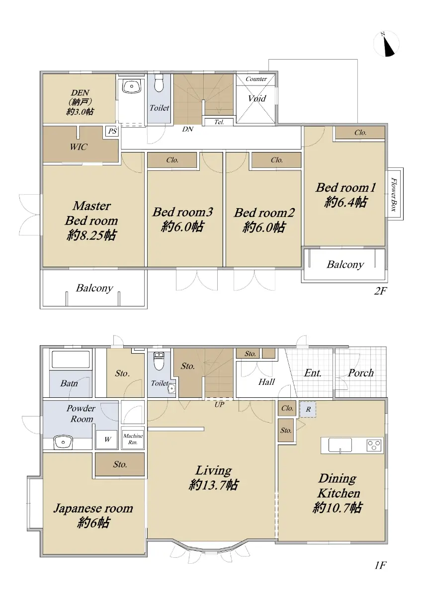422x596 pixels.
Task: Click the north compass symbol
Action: tap(386, 44)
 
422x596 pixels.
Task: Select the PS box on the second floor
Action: tap(112, 131)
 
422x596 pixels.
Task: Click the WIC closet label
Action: tap(79, 147)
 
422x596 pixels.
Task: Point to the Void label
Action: tap(257, 98)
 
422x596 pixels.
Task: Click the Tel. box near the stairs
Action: tap(219, 122)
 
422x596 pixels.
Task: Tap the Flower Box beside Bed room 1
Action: tap(395, 194)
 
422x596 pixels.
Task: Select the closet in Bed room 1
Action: tap(360, 133)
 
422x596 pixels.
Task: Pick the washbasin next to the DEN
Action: tap(132, 86)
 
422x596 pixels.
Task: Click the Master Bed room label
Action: tap(91, 213)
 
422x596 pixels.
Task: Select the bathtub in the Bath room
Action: tap(71, 359)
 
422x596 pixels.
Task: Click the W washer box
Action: tap(107, 439)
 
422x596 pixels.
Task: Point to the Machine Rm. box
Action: tap(133, 439)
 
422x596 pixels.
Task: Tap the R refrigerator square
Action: tap(308, 409)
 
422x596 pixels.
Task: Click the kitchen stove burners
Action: tap(374, 445)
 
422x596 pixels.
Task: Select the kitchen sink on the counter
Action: tap(340, 445)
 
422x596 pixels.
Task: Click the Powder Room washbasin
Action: tap(63, 442)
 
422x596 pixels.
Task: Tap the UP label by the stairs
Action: tap(219, 405)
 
